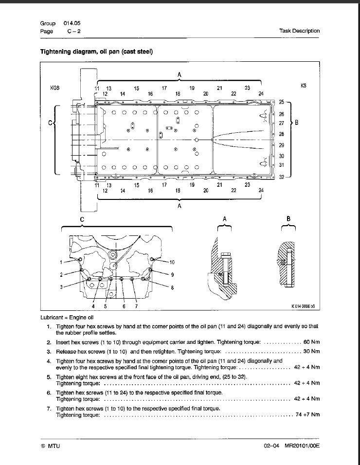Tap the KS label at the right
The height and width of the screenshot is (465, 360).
[304, 86]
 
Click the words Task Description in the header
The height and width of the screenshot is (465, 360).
[299, 31]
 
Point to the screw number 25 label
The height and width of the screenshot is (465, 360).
[281, 102]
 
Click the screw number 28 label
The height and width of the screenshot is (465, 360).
[281, 134]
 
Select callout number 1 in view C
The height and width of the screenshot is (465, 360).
[61, 262]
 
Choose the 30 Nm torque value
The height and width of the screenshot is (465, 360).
[311, 351]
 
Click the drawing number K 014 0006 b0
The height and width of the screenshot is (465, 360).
[303, 307]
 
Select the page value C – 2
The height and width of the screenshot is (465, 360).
[74, 31]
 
